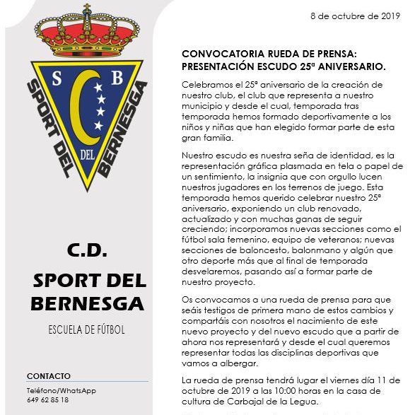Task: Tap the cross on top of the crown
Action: (88, 10)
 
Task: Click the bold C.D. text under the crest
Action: (87, 250)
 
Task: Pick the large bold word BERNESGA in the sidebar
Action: (87, 304)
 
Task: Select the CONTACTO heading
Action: (49, 375)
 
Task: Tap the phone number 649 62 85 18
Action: (48, 399)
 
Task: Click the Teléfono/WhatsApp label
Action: (61, 390)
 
